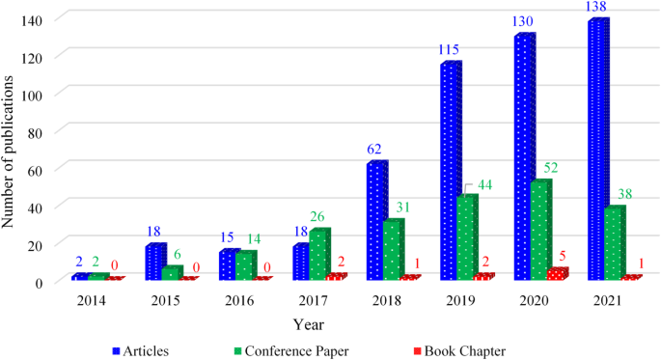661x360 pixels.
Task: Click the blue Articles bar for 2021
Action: click(598, 151)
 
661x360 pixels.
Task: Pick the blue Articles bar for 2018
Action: click(375, 221)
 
